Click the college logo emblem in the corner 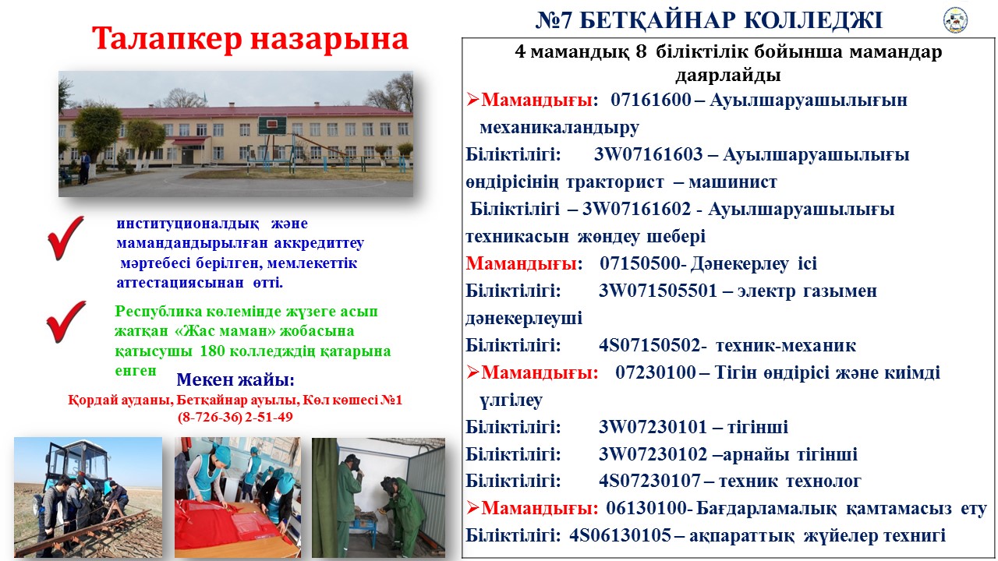(x=956, y=20)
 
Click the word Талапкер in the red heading (x=167, y=39)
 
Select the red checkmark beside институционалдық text (x=66, y=238)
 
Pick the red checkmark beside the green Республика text (x=66, y=322)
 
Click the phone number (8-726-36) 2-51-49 (x=235, y=417)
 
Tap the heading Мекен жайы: (x=235, y=379)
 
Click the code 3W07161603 (x=648, y=154)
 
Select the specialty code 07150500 (x=641, y=263)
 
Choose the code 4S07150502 (x=649, y=345)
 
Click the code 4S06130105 (x=620, y=535)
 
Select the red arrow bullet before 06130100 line (x=472, y=507)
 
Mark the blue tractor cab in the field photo (x=78, y=463)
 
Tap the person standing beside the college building (x=84, y=168)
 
